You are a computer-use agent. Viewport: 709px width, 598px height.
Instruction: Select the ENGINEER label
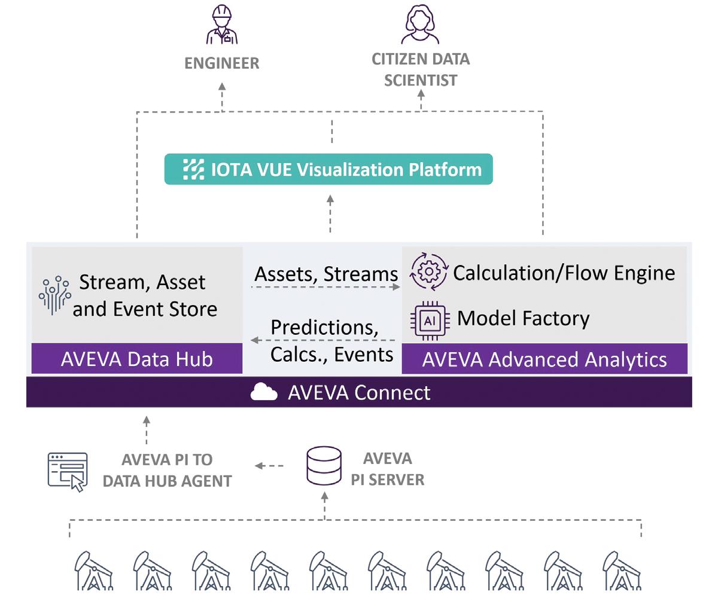(222, 63)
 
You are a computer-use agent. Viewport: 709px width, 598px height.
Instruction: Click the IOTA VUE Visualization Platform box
(328, 169)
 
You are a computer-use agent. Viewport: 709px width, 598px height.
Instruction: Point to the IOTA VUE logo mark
(193, 169)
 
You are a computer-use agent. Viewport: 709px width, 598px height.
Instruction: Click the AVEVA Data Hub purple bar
(137, 359)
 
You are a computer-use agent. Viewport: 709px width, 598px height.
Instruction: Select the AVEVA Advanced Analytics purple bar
(544, 359)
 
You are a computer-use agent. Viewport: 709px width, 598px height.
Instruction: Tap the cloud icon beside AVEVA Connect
(264, 392)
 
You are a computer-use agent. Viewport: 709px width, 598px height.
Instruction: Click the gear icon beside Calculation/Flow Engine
(428, 272)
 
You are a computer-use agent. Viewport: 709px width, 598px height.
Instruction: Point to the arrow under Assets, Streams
(325, 288)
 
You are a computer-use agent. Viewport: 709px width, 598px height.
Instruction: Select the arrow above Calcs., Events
(323, 340)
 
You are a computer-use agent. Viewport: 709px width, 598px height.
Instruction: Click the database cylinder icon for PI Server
(324, 466)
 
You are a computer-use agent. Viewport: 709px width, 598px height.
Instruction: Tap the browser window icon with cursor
(68, 471)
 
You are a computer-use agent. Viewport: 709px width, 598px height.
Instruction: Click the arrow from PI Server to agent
(269, 466)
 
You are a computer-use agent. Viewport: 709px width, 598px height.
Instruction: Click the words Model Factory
(523, 318)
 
